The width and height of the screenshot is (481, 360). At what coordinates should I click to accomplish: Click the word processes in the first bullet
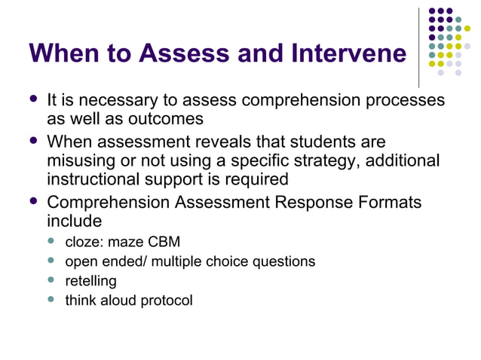[x=404, y=100]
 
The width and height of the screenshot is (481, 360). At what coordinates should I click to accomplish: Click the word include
[x=74, y=222]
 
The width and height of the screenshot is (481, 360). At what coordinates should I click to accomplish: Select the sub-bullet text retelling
[x=90, y=282]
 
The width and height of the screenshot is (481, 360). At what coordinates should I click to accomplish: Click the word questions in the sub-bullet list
[x=283, y=262]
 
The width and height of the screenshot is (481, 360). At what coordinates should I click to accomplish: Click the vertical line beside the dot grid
[x=419, y=47]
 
